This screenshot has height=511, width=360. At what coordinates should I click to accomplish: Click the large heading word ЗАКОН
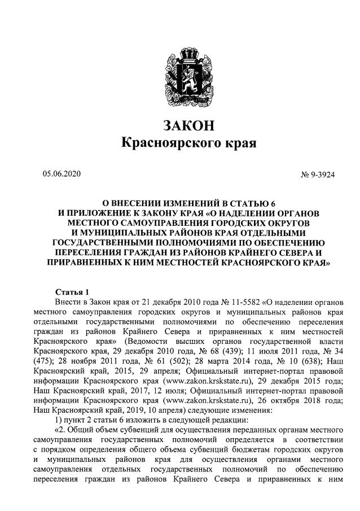point(188,125)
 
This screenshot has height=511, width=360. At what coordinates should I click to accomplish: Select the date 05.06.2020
point(62,174)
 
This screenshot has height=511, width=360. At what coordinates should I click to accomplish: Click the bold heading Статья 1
point(72,292)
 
